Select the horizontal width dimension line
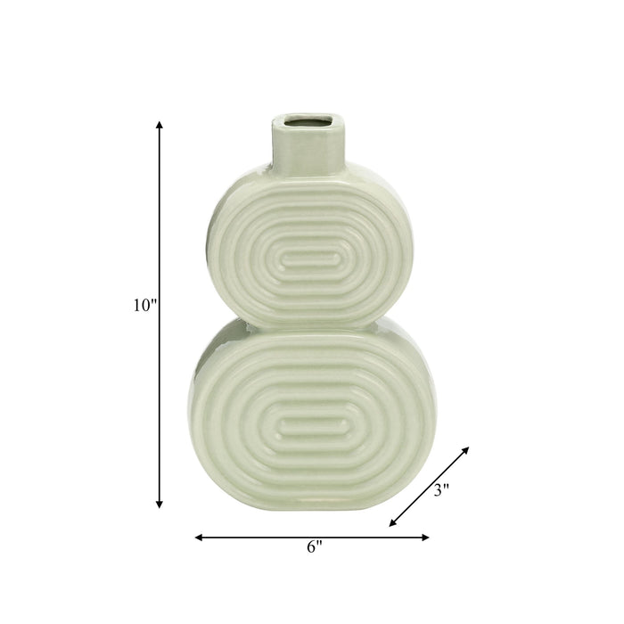267,538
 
